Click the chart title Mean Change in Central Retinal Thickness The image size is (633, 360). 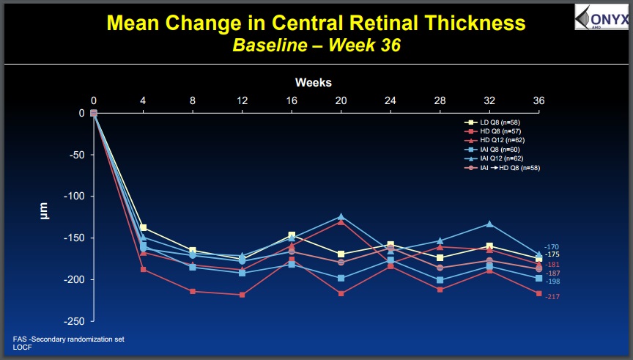pos(316,23)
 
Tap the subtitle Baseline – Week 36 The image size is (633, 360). pos(316,45)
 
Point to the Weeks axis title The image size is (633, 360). pos(314,82)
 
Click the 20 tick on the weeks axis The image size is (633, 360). pos(341,100)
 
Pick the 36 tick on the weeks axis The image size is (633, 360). pos(538,100)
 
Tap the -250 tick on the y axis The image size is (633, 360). pos(76,321)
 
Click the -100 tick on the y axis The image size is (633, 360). pos(76,196)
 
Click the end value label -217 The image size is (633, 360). pos(552,296)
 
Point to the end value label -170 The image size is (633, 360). pos(552,247)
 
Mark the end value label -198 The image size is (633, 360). pos(552,282)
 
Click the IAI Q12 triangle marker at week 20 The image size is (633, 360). pos(341,217)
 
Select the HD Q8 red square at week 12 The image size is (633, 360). pos(242,295)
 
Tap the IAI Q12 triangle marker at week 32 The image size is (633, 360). pos(489,224)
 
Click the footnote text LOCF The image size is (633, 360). pos(23,348)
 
